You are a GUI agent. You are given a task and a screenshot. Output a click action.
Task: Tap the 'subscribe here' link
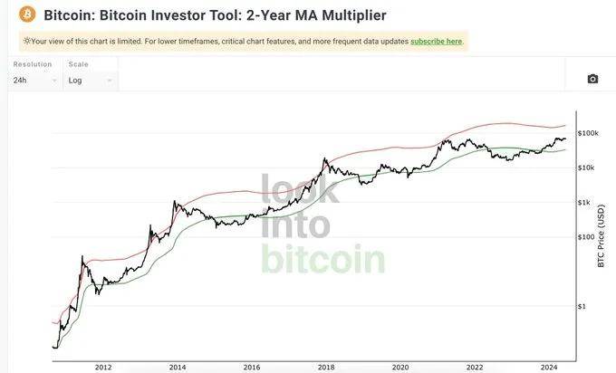coord(436,42)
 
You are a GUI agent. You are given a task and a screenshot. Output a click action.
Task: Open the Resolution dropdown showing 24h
coord(35,80)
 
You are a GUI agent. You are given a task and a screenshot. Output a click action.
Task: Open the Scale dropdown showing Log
coord(89,80)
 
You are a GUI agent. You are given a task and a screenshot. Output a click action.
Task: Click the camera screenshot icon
coord(592,79)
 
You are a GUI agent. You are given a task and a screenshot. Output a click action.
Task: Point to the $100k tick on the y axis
coord(589,133)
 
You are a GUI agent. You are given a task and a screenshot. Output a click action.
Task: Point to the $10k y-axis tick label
coord(587,167)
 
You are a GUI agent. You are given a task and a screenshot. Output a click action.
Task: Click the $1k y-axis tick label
coord(585,202)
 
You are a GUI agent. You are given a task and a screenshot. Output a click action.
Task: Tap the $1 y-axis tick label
coord(582,307)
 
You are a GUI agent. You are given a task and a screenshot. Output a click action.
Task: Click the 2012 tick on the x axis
coord(102,367)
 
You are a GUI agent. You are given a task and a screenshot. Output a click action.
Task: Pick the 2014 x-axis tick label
coord(177,367)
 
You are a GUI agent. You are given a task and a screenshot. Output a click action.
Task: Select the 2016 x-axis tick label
coord(251,367)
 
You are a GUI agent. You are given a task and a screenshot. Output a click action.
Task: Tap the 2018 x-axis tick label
coord(325,367)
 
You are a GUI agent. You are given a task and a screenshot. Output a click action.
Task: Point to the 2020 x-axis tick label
coord(399,367)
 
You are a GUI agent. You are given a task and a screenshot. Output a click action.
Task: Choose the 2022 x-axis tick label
coord(474,367)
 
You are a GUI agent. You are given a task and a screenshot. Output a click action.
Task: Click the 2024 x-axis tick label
coord(548,367)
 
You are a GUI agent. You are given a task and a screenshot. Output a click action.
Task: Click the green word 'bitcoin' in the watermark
coord(323,258)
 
